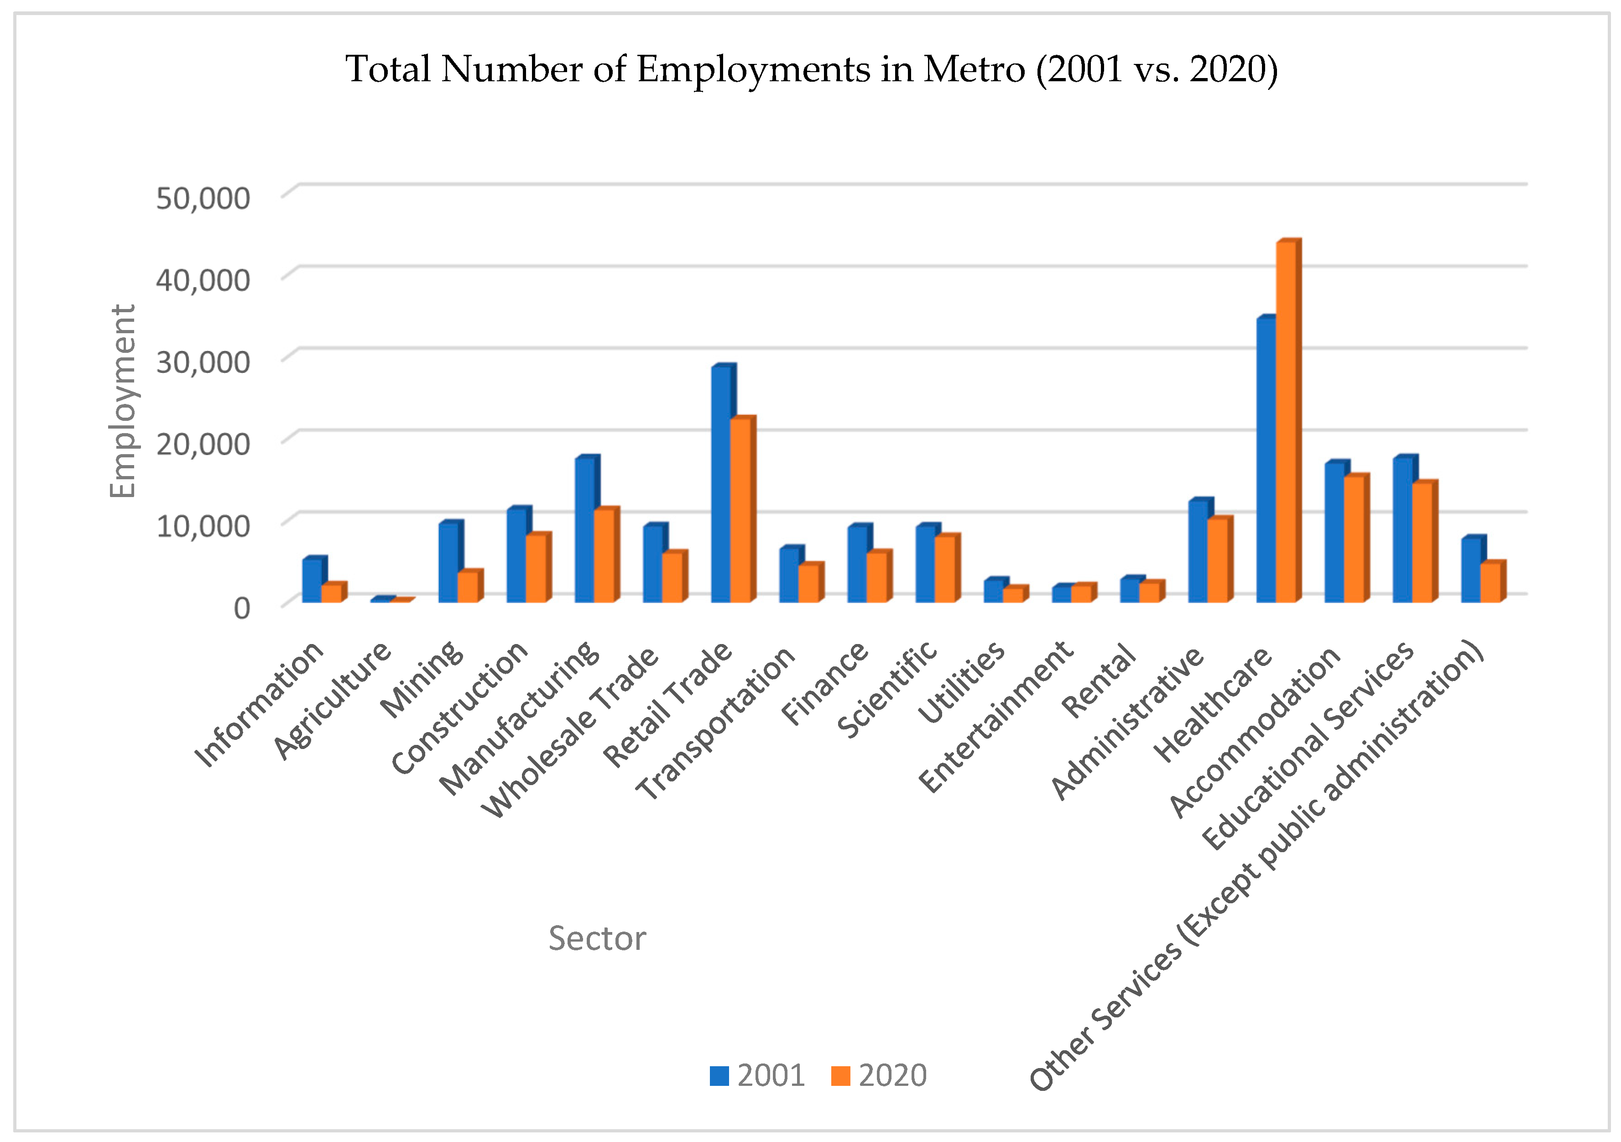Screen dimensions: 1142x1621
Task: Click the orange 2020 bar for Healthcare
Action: [x=1285, y=424]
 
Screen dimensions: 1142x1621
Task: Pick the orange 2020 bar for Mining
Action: [x=467, y=587]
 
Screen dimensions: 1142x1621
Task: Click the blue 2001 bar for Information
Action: [x=312, y=581]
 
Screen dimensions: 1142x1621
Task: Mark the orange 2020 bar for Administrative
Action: [x=1217, y=561]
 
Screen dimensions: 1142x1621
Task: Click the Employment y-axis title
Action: [x=123, y=401]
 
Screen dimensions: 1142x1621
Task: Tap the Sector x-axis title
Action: [x=597, y=938]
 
